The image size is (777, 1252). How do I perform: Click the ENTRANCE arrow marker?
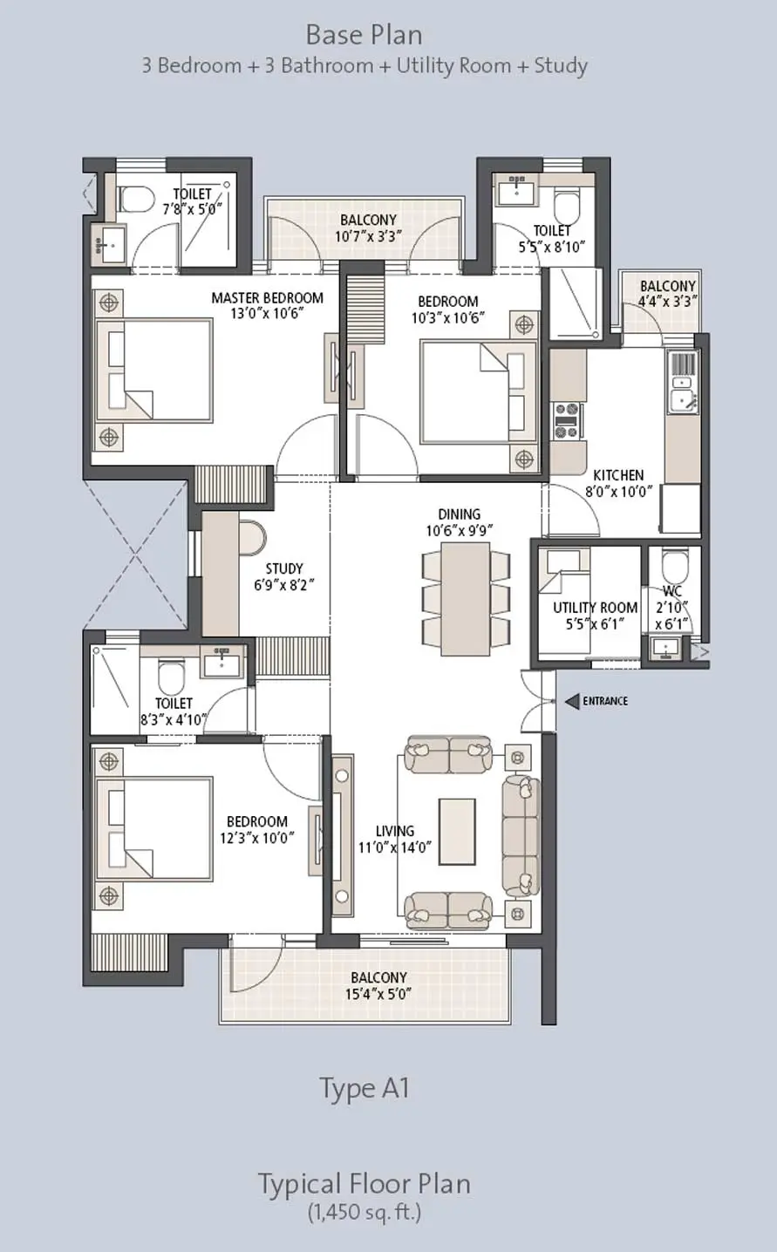click(x=572, y=701)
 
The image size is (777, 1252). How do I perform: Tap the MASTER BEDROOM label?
click(x=267, y=298)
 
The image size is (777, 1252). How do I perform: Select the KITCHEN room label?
click(x=618, y=475)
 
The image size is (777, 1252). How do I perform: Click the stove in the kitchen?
click(x=567, y=419)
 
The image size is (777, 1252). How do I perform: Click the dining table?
click(x=465, y=598)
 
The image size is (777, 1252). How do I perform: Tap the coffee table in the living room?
click(x=457, y=829)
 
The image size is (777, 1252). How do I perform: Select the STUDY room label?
click(x=284, y=569)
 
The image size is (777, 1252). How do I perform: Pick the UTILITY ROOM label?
click(x=595, y=608)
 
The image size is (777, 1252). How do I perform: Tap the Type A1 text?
click(x=365, y=1088)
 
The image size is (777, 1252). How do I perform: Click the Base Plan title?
click(x=365, y=36)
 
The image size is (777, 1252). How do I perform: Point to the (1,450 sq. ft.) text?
click(x=364, y=1211)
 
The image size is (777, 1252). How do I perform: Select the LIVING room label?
click(x=395, y=831)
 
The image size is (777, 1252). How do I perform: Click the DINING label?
click(x=460, y=514)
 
